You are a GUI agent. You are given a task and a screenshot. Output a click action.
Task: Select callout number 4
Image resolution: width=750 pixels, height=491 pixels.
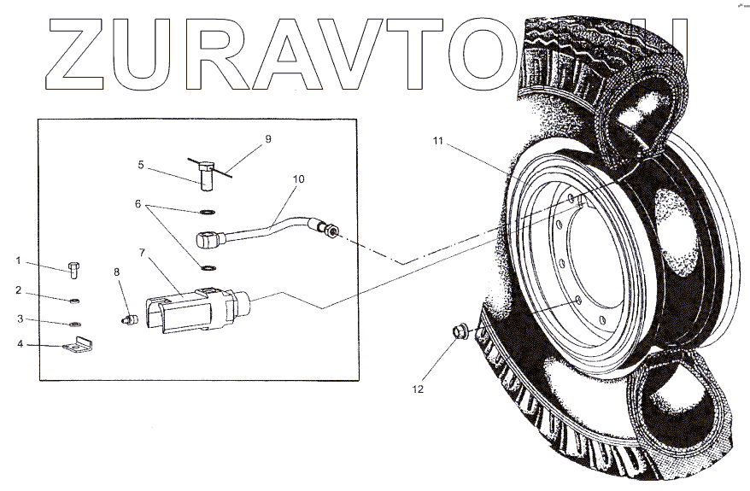[19, 345]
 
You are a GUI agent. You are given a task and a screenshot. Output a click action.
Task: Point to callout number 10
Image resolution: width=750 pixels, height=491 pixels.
[298, 179]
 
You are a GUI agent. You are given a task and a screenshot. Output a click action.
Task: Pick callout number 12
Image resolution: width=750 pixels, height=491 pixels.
[418, 389]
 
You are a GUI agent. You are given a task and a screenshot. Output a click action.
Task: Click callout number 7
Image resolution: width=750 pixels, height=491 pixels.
[142, 254]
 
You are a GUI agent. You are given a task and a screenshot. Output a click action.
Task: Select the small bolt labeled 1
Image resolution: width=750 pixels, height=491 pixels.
[73, 270]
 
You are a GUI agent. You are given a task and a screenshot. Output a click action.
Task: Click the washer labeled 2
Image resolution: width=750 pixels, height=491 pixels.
[74, 301]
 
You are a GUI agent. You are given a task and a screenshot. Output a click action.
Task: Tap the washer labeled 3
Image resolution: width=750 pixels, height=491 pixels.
[74, 324]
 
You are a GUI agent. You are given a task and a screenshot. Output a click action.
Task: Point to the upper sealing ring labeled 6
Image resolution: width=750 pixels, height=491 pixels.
[208, 211]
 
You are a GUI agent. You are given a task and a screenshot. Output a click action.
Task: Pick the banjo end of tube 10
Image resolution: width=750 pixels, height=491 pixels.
[208, 239]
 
